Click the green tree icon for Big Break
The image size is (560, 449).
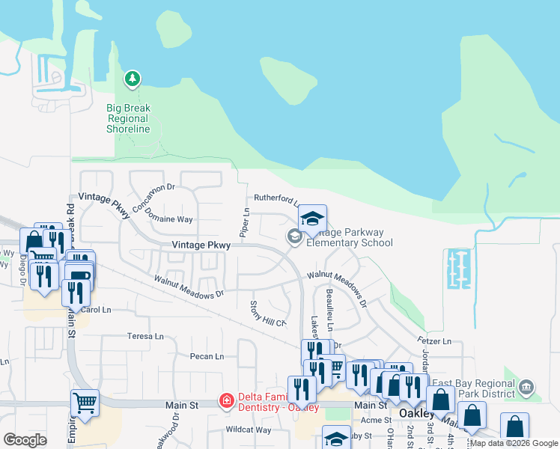(133, 78)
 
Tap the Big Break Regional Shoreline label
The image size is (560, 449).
(128, 119)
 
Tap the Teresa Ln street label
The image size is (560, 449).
(145, 336)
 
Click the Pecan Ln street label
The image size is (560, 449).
(207, 356)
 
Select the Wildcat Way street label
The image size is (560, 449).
(248, 430)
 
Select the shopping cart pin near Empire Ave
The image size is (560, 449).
(85, 403)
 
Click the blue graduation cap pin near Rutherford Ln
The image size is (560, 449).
(311, 219)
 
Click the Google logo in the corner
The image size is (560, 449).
(25, 440)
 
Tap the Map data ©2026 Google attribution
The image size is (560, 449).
(514, 443)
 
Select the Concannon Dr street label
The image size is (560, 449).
(153, 197)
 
